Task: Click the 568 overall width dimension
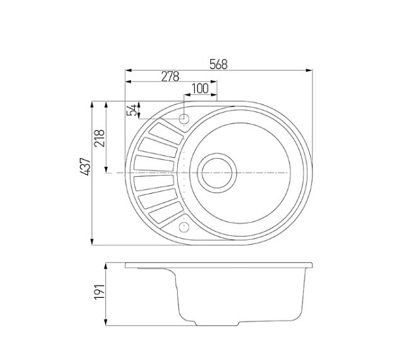(218, 64)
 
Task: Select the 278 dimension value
(170, 77)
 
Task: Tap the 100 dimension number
(199, 88)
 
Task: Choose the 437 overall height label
(84, 167)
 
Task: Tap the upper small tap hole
(185, 119)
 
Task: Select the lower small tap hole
(184, 225)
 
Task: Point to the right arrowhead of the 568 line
(308, 70)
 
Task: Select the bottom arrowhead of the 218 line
(106, 171)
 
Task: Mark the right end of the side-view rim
(313, 264)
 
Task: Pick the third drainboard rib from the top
(157, 163)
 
